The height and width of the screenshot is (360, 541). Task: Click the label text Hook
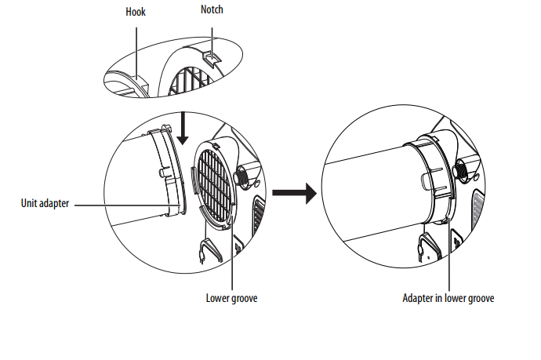[136, 12]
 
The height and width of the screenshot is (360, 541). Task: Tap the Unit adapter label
[45, 203]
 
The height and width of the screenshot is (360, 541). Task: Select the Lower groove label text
[231, 298]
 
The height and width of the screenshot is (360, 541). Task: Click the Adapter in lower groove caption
[448, 298]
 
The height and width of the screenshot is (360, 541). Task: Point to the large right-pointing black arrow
[293, 193]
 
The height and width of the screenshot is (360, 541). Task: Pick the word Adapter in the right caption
[417, 298]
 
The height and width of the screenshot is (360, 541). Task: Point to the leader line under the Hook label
[136, 47]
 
